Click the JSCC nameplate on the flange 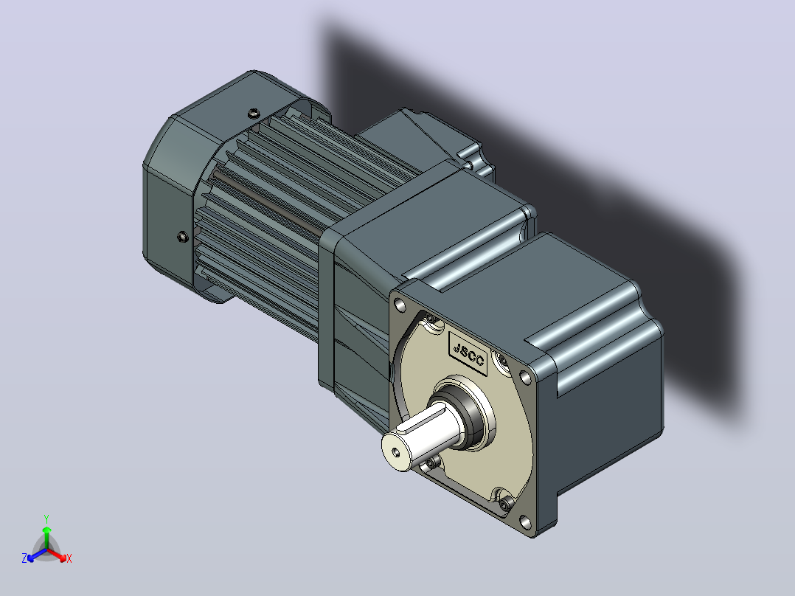click(468, 354)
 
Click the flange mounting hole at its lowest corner click(526, 522)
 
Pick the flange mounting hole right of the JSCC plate click(527, 378)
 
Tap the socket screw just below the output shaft click(431, 462)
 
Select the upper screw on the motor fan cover click(253, 113)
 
